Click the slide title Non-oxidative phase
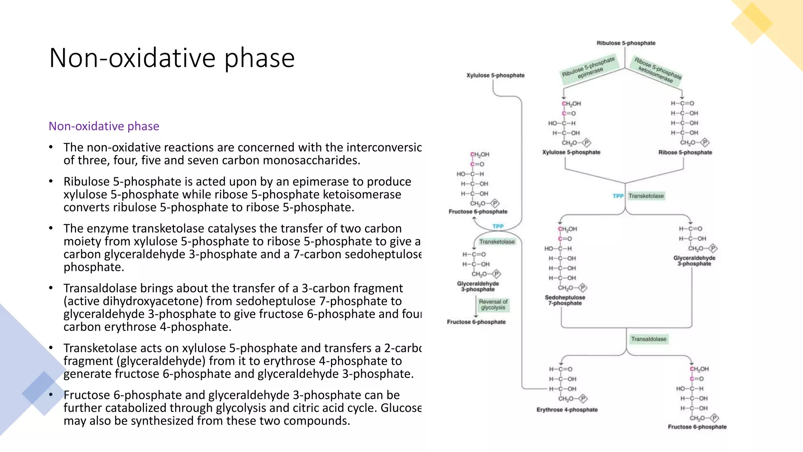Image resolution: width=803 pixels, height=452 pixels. coord(172,58)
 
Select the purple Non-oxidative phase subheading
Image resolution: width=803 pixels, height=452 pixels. coord(104,126)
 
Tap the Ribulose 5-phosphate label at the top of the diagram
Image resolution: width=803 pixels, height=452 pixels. coord(626,43)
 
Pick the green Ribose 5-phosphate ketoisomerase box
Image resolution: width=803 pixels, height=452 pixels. coord(658,70)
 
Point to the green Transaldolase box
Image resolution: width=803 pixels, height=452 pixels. coord(649,339)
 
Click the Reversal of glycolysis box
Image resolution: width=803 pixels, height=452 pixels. coord(493,304)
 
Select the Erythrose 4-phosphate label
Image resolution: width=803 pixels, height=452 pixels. coord(567,410)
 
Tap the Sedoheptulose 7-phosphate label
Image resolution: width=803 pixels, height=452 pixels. coord(565,300)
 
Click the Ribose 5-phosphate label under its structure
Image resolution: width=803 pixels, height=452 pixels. coord(685,152)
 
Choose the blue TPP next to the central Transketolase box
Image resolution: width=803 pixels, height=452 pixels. coord(618,196)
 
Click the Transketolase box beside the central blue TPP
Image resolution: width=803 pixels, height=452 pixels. coord(646,196)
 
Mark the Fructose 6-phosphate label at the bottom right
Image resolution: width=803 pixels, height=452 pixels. coord(697,427)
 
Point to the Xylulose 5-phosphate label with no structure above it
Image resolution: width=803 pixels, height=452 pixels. coord(495,75)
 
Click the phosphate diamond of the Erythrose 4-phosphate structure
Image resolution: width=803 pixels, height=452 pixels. coord(583,399)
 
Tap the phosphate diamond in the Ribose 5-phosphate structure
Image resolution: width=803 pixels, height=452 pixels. coord(705,142)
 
